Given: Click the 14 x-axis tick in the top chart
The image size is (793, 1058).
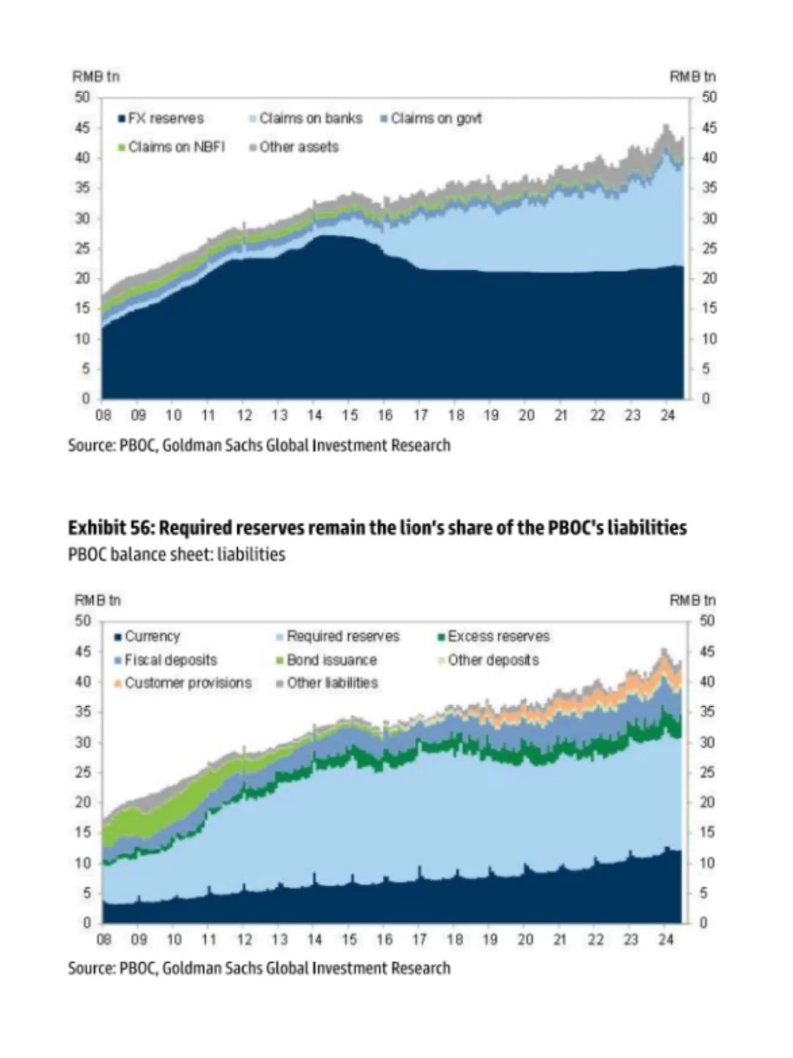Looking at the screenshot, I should click(314, 416).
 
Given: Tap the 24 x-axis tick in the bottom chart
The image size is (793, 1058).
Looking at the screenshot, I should click(666, 940).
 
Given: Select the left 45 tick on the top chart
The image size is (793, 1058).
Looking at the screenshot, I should click(82, 128).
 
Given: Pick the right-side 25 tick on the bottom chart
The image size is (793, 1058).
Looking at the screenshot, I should click(706, 772).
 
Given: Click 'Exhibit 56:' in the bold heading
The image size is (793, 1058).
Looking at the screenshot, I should click(111, 528).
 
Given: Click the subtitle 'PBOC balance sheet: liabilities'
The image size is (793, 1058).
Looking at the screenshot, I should click(176, 554).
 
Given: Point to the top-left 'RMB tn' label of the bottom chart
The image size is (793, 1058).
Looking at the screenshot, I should click(96, 600).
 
